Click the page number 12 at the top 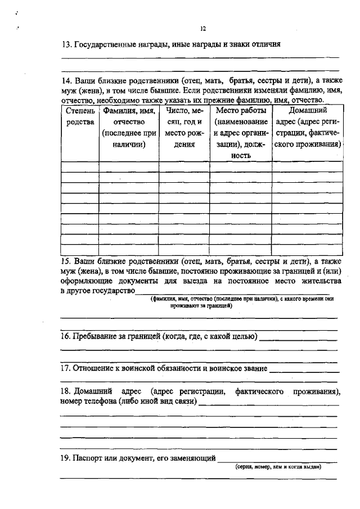[204, 29]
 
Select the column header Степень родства [80, 116]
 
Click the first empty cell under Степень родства [80, 166]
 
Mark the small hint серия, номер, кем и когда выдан [278, 467]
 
